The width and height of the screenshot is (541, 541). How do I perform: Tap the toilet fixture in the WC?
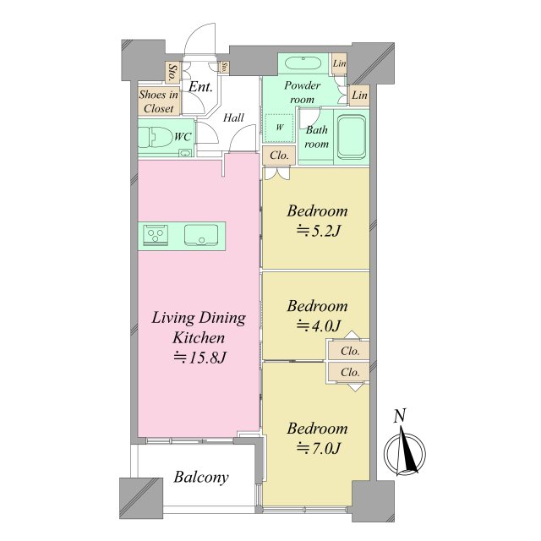156,137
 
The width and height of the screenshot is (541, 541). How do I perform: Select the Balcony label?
201,477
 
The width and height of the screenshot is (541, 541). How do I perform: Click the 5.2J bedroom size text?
319,231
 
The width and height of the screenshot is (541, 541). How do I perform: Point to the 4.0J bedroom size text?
319,325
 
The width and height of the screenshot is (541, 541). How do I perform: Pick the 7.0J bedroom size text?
319,448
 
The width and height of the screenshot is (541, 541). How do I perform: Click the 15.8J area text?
199,358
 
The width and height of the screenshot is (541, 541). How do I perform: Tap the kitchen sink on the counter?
201,235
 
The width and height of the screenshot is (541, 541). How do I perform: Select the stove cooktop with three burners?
156,235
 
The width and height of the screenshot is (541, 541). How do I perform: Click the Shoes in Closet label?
159,101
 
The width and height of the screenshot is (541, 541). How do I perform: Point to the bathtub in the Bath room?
352,137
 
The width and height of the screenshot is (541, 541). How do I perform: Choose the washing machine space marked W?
279,127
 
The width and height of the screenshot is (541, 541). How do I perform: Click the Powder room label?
303,92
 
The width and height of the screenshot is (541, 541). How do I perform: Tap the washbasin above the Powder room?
303,63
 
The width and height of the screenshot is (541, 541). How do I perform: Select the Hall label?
233,118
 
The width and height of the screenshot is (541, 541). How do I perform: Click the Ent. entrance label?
200,86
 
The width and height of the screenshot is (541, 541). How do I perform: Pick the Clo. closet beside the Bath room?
279,156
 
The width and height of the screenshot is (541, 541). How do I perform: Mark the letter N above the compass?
400,416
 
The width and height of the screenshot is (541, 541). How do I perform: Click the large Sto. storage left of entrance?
172,73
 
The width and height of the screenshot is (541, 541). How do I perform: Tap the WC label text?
183,137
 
